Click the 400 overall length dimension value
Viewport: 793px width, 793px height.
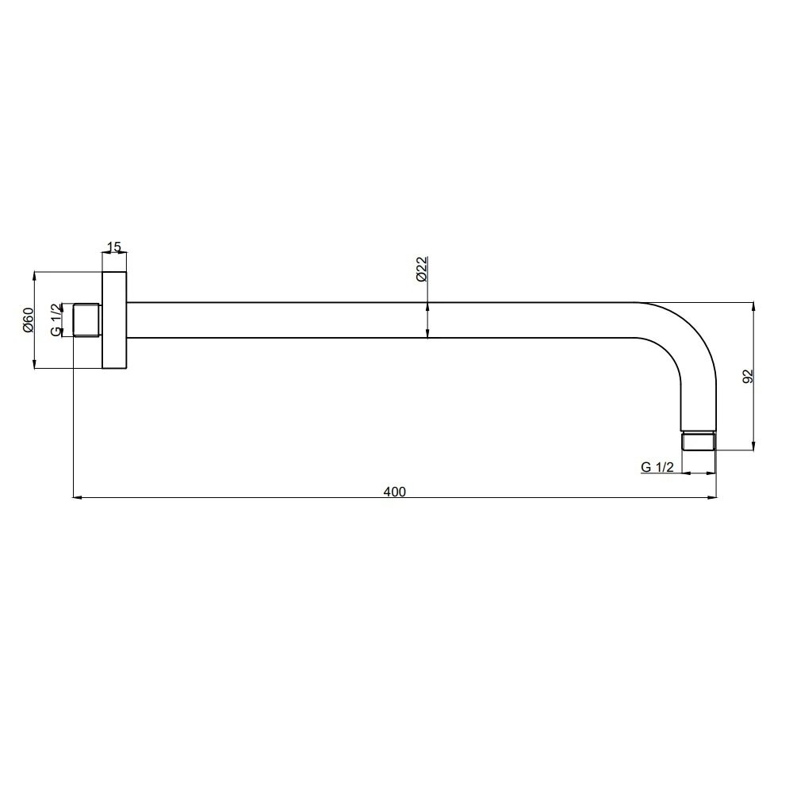click(x=394, y=492)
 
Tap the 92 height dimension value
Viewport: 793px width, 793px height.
click(x=748, y=376)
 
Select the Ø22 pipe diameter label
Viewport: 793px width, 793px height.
click(x=422, y=269)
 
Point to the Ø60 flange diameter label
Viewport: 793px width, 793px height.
click(x=28, y=320)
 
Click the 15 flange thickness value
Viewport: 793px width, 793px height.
click(x=114, y=247)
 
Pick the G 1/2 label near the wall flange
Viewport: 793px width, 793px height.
click(x=56, y=320)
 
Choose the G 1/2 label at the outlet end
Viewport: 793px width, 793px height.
click(x=657, y=467)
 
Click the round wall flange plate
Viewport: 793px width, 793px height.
click(x=114, y=320)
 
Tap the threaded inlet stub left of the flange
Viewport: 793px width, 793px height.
click(x=87, y=320)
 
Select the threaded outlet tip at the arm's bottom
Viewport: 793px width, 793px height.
click(x=699, y=441)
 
